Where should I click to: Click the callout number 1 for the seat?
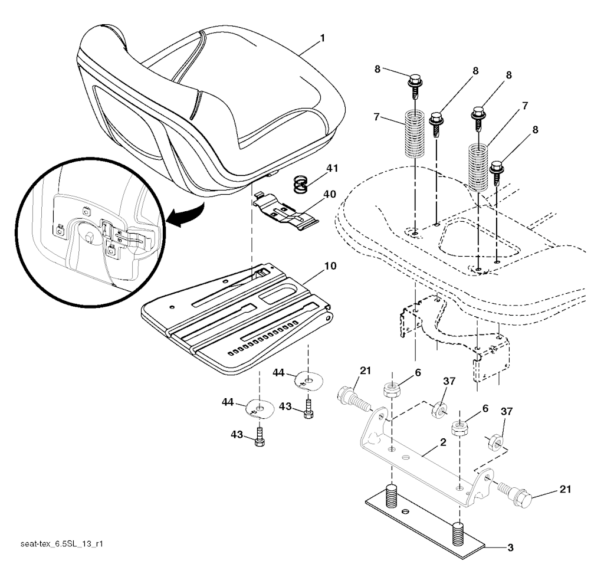[323, 38]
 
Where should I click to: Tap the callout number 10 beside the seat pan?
[330, 266]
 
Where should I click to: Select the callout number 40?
[330, 194]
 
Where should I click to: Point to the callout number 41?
[331, 168]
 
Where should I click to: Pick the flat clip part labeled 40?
[285, 212]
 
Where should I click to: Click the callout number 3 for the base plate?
[510, 547]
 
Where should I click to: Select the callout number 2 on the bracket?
[443, 442]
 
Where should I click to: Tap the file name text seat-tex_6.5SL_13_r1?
[61, 544]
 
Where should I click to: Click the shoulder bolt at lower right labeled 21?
[514, 494]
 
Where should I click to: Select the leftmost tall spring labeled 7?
[414, 133]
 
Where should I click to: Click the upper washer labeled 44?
[308, 381]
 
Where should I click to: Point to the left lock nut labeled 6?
[392, 390]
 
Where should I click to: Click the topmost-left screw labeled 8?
[415, 87]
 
